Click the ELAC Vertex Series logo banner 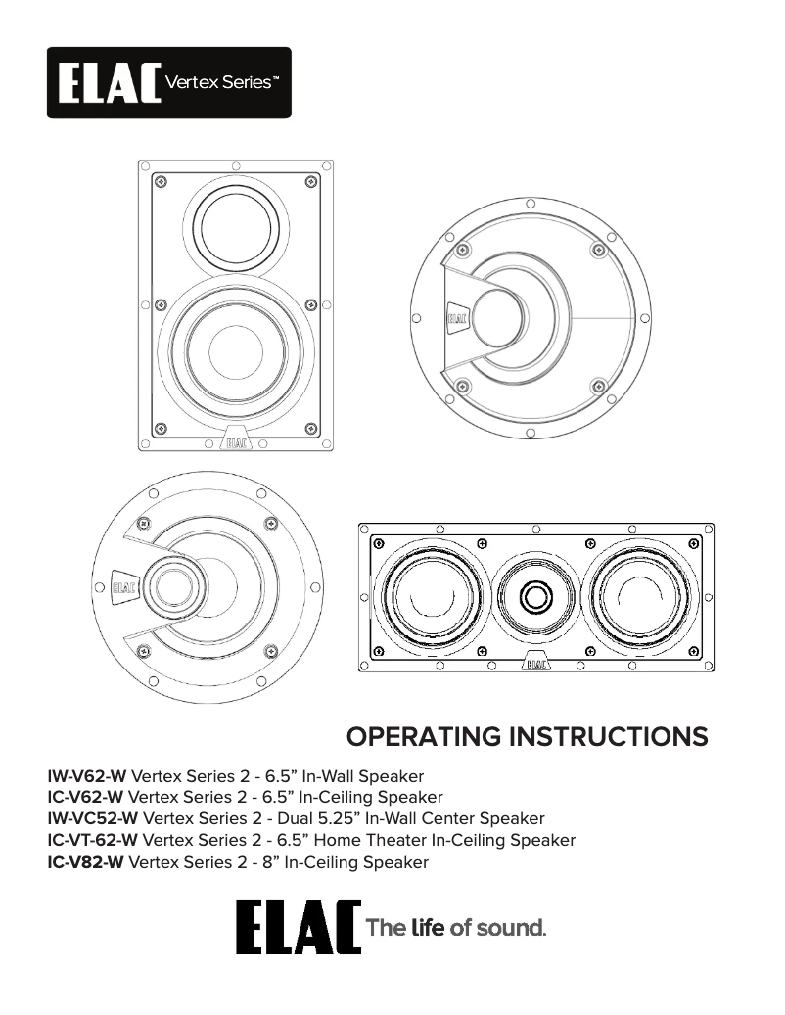pyautogui.click(x=168, y=83)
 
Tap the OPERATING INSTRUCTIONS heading pyautogui.click(x=528, y=737)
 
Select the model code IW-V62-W pyautogui.click(x=87, y=776)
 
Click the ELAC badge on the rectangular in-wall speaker pyautogui.click(x=235, y=442)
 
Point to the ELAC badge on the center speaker pyautogui.click(x=535, y=663)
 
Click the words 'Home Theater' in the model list pyautogui.click(x=371, y=841)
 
